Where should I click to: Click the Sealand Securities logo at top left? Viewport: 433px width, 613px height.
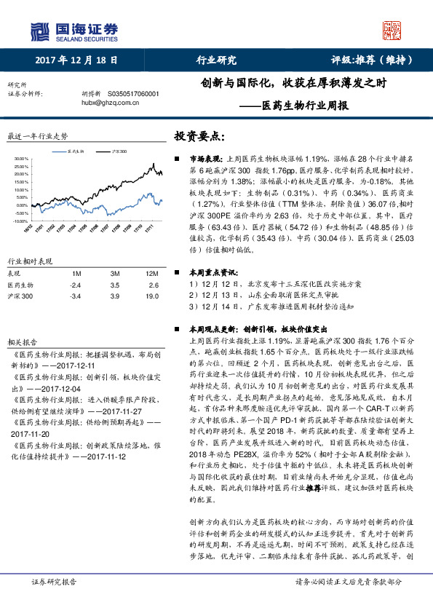point(74,31)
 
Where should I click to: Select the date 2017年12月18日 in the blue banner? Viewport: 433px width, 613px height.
point(76,60)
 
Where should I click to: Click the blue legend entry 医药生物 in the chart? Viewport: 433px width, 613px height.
point(75,151)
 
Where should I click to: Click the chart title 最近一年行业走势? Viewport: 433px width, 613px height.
point(37,136)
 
